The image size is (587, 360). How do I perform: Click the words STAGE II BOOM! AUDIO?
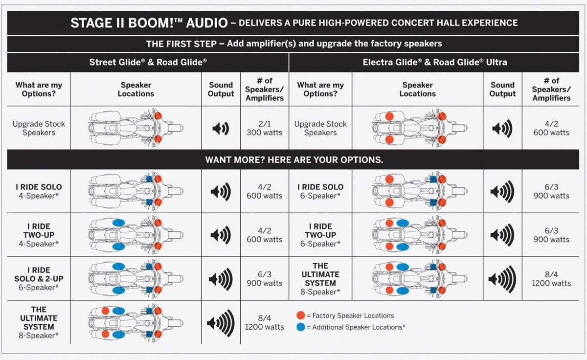(x=149, y=23)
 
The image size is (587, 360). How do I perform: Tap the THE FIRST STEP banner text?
(x=293, y=44)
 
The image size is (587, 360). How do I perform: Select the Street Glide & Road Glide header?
(x=148, y=62)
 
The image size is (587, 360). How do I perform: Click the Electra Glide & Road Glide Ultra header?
(x=434, y=62)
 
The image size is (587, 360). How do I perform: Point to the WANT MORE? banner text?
(x=293, y=160)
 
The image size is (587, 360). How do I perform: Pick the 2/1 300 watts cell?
(x=264, y=128)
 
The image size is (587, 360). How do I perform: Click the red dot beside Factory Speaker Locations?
(x=301, y=315)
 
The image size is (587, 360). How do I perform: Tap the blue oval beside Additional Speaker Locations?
(x=301, y=327)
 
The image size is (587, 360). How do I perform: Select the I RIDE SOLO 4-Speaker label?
(x=38, y=191)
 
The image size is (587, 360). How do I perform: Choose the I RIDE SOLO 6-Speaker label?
(x=320, y=191)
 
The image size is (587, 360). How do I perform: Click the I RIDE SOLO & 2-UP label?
(x=38, y=279)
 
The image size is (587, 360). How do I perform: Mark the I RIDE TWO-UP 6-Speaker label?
(x=320, y=235)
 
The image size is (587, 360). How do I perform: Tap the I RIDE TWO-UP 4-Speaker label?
(x=38, y=235)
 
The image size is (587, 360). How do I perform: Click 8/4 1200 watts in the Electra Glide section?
(x=551, y=279)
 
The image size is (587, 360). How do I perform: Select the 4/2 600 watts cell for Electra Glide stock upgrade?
(x=551, y=128)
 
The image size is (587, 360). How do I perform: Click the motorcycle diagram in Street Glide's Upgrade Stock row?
(x=136, y=128)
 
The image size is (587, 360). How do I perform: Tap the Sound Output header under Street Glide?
(x=221, y=90)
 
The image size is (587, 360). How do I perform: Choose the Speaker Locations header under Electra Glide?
(x=417, y=90)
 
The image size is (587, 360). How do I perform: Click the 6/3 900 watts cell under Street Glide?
(x=264, y=279)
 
